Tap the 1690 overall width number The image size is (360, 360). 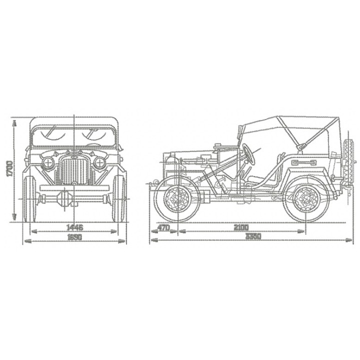click(74, 237)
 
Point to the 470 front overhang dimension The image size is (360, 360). click(163, 228)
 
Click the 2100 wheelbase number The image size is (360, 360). click(240, 228)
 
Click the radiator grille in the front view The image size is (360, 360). click(73, 169)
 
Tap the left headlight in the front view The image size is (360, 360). click(48, 162)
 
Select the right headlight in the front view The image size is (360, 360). click(100, 162)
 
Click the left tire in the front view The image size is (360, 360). click(29, 198)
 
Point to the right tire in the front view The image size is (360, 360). click(119, 198)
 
